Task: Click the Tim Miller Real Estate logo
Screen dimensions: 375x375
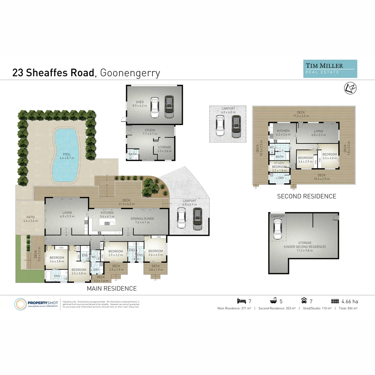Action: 330,68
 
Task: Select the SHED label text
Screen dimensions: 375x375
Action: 130,102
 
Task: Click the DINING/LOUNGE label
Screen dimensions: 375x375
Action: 142,218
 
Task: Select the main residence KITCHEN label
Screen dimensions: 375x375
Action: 107,212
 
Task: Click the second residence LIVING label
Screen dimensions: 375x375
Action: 318,131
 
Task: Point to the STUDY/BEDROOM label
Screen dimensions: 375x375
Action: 279,165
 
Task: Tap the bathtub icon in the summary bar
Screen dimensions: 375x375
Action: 274,301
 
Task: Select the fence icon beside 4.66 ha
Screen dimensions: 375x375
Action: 335,301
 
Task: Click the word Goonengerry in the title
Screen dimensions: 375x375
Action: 130,73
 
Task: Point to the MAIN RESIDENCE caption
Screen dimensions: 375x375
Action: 111,289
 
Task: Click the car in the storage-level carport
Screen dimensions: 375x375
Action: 277,230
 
